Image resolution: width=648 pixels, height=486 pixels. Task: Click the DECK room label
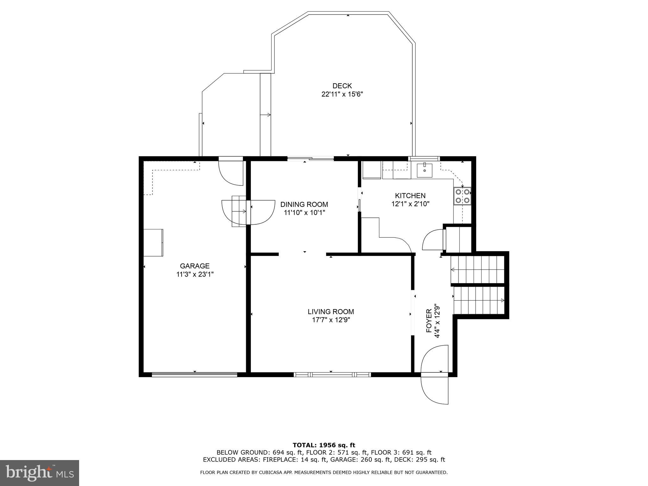coord(342,86)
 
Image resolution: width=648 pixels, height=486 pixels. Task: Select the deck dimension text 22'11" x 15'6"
coord(342,94)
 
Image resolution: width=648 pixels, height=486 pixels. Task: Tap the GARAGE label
coord(195,266)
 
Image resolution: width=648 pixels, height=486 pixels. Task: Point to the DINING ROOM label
coord(304,204)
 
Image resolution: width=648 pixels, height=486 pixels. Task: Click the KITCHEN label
coord(410,196)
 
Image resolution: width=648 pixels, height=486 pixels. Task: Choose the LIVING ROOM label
coord(331,312)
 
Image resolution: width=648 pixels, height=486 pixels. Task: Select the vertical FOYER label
coord(429,321)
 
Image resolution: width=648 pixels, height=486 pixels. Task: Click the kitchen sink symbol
coord(424,170)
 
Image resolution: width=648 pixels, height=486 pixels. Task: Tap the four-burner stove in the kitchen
coord(462,196)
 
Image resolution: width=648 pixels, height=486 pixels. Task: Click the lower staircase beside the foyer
coord(479,300)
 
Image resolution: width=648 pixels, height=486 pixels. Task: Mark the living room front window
coord(332,375)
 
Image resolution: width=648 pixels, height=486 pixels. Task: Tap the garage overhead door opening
coord(195,375)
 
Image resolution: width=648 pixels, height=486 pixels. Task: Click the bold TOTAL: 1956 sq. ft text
coord(324,445)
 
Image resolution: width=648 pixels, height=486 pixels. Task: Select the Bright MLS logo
coord(40,473)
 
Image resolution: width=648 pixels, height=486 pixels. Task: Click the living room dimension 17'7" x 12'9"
coord(331,320)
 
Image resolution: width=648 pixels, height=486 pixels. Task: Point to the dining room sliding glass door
coord(310,159)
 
